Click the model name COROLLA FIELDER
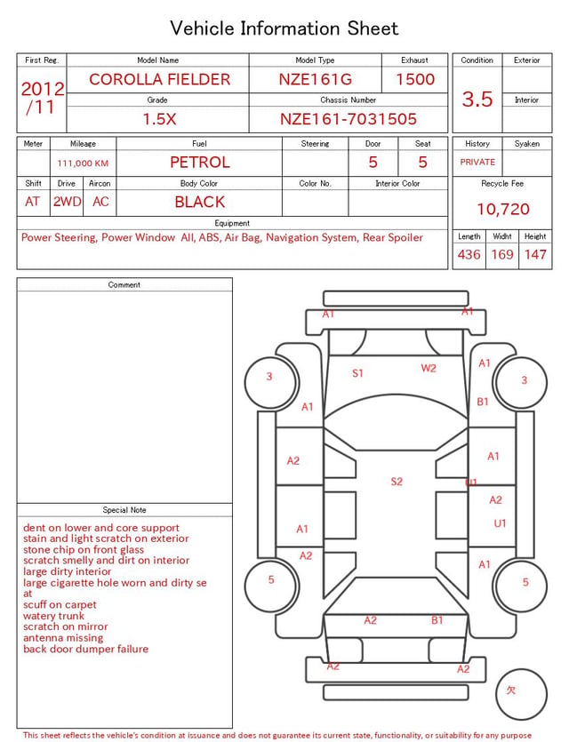pyautogui.click(x=159, y=79)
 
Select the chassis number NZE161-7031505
pyautogui.click(x=348, y=119)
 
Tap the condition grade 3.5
pyautogui.click(x=477, y=99)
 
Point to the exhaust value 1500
pyautogui.click(x=415, y=79)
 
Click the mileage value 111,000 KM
pyautogui.click(x=83, y=164)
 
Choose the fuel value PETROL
pyautogui.click(x=200, y=163)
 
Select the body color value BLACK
pyautogui.click(x=200, y=202)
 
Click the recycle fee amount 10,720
pyautogui.click(x=502, y=209)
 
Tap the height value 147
pyautogui.click(x=535, y=254)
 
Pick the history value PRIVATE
pyautogui.click(x=477, y=163)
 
